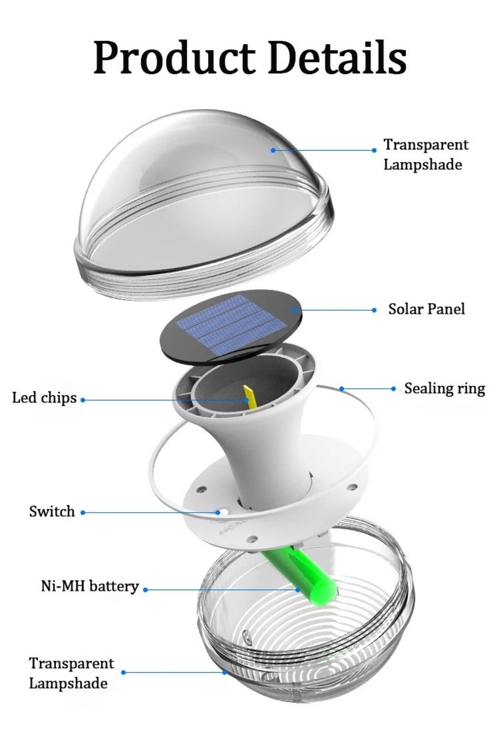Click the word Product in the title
coord(174,58)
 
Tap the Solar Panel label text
coord(426,309)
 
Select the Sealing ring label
coord(445,389)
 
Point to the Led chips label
coord(44,398)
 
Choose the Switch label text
coord(52,511)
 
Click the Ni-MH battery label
coord(90,586)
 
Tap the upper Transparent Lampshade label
coord(425,154)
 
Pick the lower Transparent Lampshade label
coord(71,673)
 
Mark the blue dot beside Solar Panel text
coord(374,310)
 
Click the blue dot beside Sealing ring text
coord(393,389)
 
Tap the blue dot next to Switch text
coord(83,513)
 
